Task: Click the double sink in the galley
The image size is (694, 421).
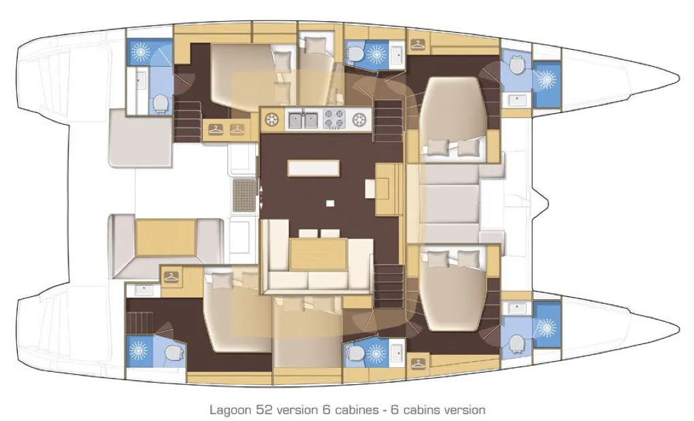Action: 303,120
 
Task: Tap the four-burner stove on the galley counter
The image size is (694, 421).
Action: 335,120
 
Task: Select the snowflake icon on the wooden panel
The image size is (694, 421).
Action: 271,120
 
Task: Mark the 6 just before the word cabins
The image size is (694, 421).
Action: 395,409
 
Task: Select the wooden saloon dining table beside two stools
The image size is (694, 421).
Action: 318,254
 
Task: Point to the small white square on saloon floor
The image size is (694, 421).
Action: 330,204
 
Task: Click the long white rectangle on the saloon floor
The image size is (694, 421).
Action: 314,168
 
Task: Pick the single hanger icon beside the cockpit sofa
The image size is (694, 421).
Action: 171,277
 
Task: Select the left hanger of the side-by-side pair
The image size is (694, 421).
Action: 216,129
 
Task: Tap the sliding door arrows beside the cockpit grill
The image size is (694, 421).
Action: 261,197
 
